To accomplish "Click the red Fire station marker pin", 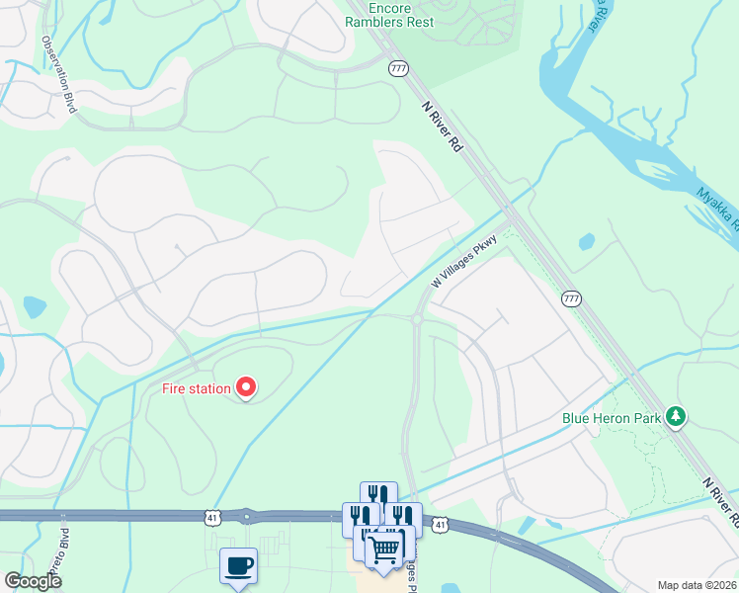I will point(244,388).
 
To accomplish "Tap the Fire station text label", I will point(197,388).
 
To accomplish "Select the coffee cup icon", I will point(238,565).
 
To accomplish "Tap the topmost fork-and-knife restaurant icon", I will point(378,495).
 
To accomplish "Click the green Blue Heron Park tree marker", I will point(676,416).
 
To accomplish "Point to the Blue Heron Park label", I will point(612,418).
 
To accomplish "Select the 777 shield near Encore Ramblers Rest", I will point(398,68).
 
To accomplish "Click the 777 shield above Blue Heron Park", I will point(571,297).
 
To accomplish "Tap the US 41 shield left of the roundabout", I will point(213,516).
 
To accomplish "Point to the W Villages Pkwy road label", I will point(462,267).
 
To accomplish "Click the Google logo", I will point(34,581).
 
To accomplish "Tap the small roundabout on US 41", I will point(246,515).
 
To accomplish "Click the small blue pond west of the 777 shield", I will point(587,240).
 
